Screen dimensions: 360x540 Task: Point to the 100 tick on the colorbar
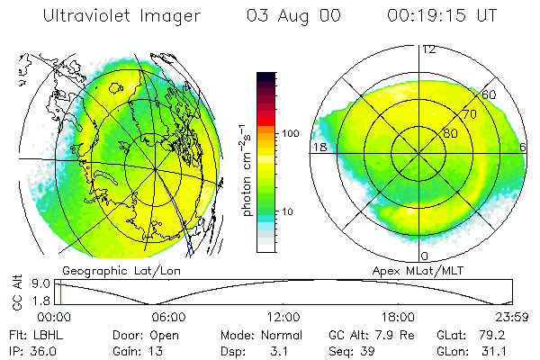tap(290, 133)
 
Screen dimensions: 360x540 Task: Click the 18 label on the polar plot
tap(319, 147)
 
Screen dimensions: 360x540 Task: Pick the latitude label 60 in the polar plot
tap(490, 94)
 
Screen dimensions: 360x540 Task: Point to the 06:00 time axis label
tap(168, 317)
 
